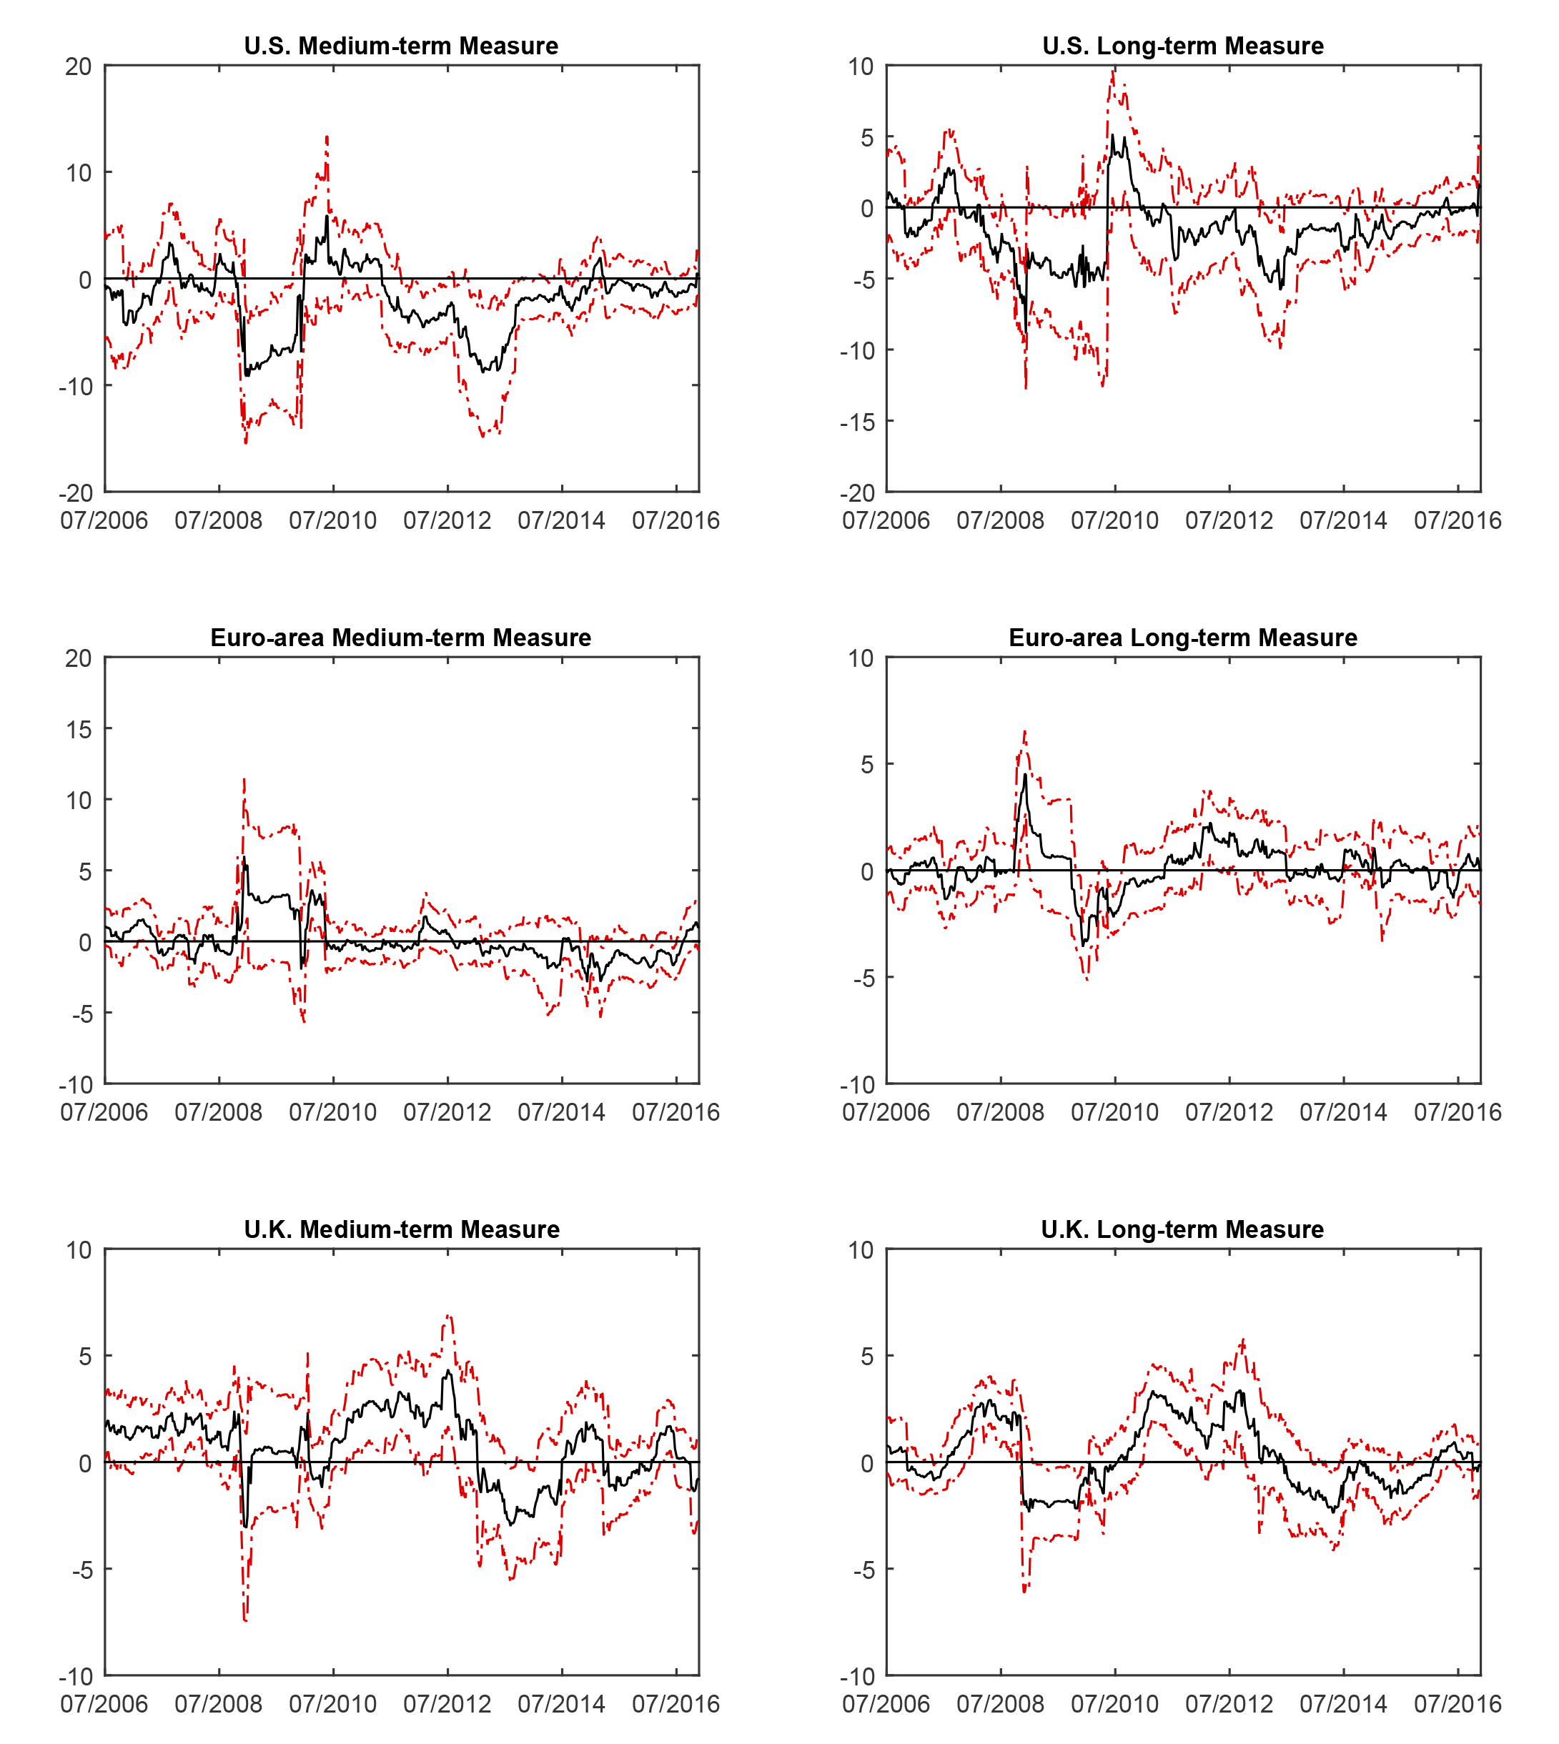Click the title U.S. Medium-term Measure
click(x=401, y=46)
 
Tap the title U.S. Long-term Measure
click(x=1183, y=46)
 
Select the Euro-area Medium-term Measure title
click(x=401, y=638)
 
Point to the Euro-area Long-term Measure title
click(x=1183, y=638)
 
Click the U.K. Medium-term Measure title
click(x=402, y=1229)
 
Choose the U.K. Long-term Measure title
click(x=1183, y=1229)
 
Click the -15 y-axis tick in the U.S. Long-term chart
click(x=858, y=422)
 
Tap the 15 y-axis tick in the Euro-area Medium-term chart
click(x=78, y=729)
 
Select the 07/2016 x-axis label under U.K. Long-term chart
click(x=1458, y=1704)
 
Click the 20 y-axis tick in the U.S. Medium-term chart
click(x=78, y=66)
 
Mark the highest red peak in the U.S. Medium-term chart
click(x=327, y=137)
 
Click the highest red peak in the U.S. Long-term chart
click(x=1113, y=70)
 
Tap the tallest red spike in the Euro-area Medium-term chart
click(x=244, y=778)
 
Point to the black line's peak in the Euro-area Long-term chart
click(x=1025, y=774)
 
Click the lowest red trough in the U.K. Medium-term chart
click(x=246, y=1620)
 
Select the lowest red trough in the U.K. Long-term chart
click(x=1024, y=1592)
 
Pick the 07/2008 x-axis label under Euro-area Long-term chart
click(x=1001, y=1112)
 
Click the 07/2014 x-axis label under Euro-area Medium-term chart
click(x=561, y=1112)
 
